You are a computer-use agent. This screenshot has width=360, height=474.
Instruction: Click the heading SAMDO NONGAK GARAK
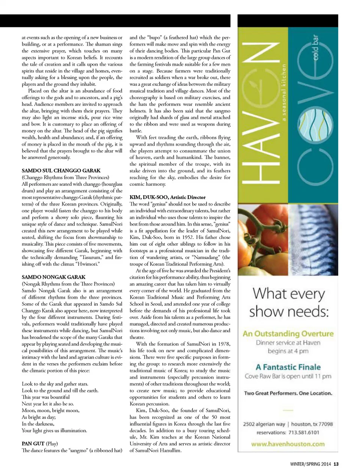point(54,277)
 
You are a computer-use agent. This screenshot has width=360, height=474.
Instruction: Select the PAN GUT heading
point(33,444)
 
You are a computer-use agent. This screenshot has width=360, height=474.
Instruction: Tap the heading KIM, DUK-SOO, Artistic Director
point(168,197)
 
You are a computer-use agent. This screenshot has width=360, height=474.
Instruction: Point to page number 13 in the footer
point(336,464)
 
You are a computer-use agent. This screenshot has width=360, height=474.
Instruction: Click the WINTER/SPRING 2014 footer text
point(310,464)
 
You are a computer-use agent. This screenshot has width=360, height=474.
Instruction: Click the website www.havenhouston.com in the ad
point(288,444)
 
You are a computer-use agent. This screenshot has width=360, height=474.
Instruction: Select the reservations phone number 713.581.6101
point(304,432)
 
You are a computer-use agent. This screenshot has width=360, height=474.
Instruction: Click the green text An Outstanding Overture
point(288,333)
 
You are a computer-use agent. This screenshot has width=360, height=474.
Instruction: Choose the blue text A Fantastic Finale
point(288,367)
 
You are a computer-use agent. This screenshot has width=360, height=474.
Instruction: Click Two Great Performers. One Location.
point(288,393)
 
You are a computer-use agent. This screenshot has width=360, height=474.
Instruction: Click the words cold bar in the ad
point(315,48)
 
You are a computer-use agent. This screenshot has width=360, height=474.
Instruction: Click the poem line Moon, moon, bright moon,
point(51,410)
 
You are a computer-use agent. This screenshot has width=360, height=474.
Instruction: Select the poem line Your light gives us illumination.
point(54,431)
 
